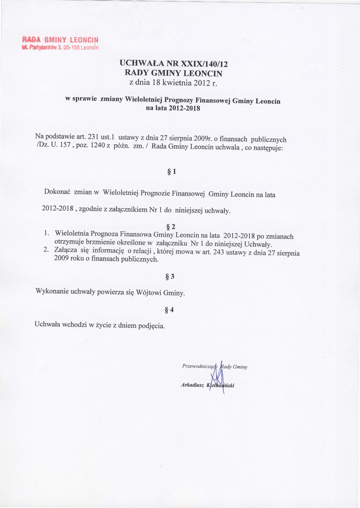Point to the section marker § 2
pos(171,227)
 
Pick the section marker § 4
pos(169,311)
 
